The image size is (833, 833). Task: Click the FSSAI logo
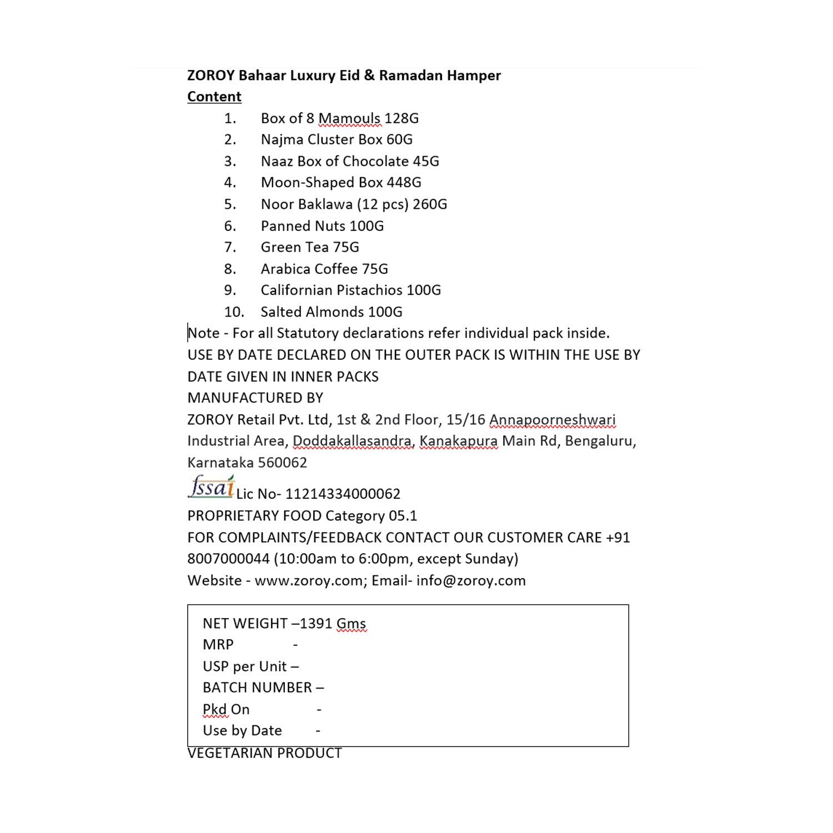pos(211,487)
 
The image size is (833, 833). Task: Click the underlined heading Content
pos(214,97)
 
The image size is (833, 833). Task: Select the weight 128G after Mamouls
pos(402,118)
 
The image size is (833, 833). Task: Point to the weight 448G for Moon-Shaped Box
pos(404,182)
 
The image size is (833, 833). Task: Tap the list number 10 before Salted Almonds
pos(234,312)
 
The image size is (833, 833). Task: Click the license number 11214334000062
pos(343,494)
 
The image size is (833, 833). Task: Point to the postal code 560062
pos(282,463)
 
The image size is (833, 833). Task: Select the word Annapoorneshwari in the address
pos(552,420)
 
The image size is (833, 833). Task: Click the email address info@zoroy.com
pos(471,581)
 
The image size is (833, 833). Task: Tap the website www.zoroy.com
pos(308,581)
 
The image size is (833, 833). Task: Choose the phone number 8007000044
pos(228,559)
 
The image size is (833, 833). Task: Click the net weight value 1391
pos(316,624)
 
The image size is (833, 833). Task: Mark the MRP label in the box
pos(218,645)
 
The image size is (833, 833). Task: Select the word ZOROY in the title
pos(211,76)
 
